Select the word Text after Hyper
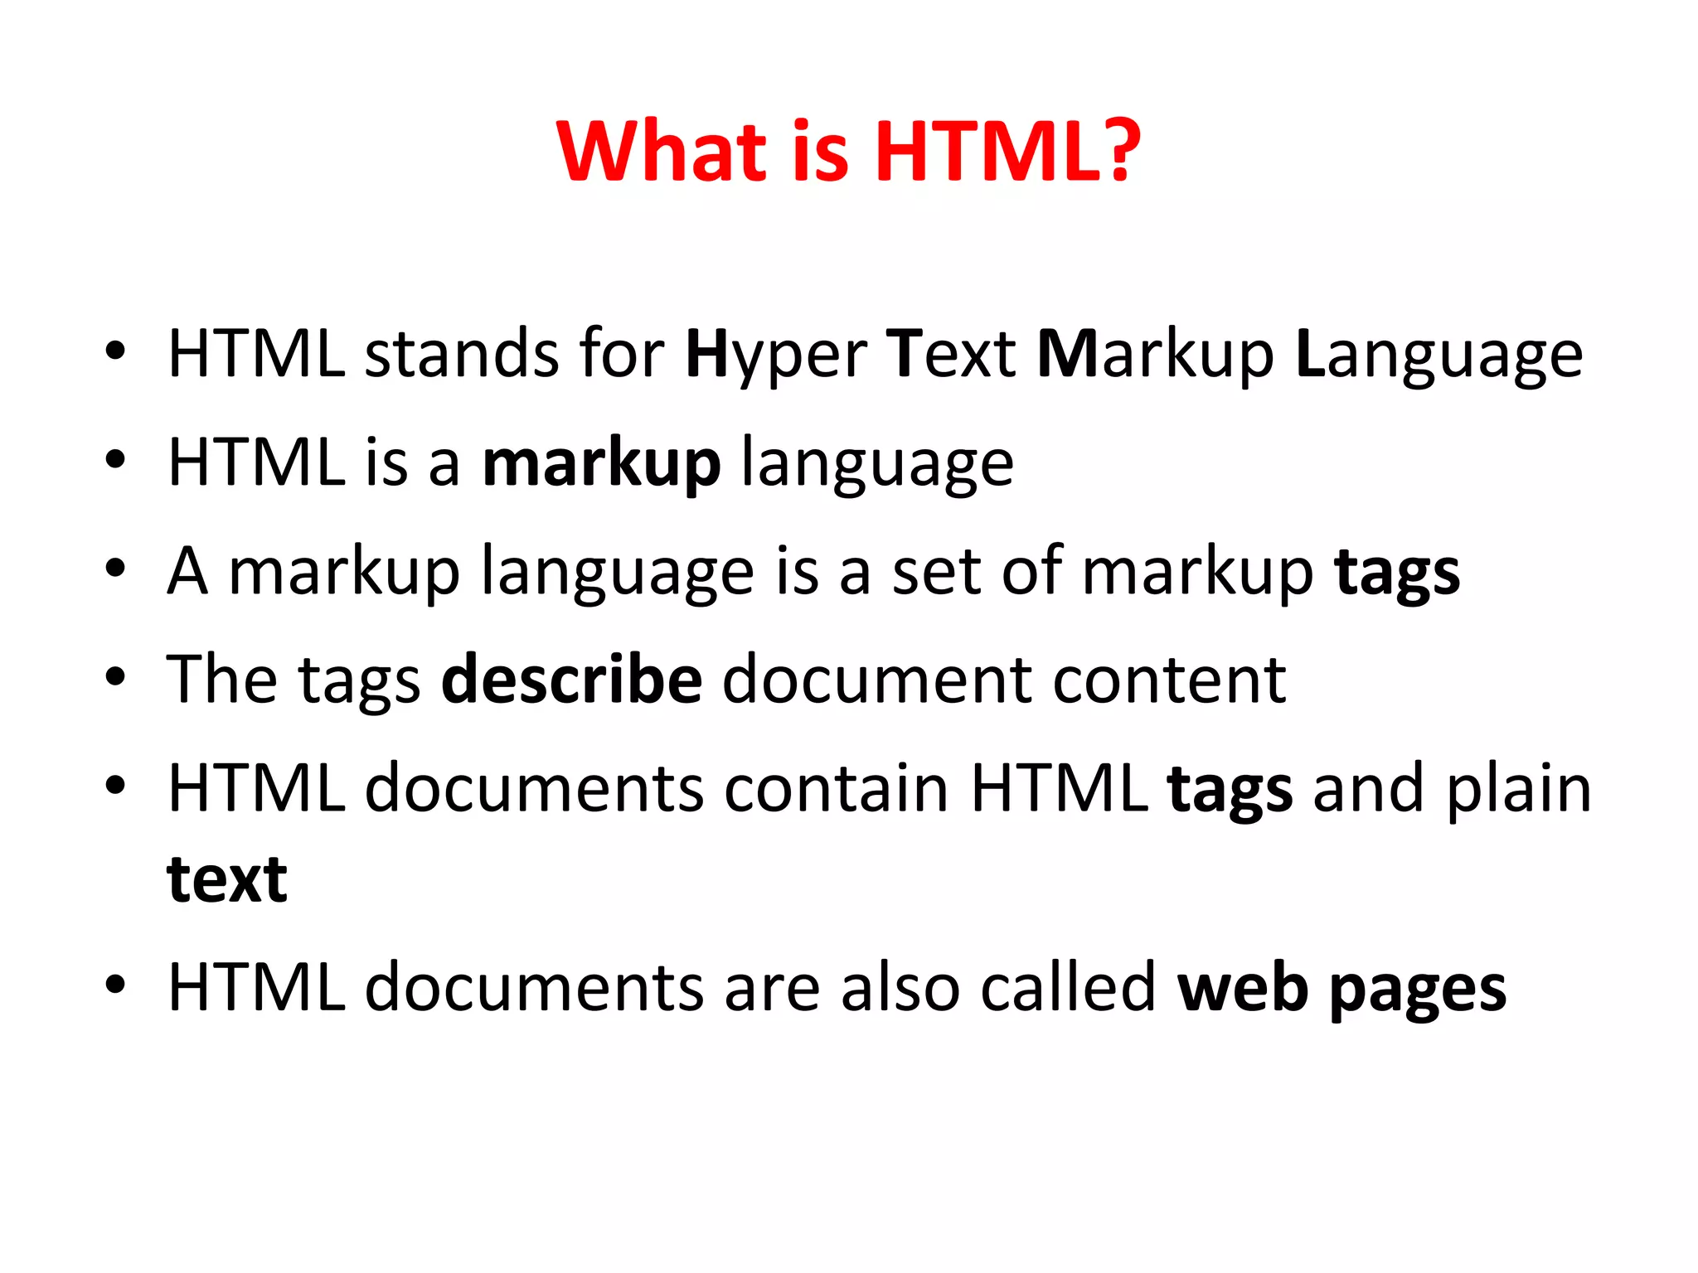951,355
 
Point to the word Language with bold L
1438,355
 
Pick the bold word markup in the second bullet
601,464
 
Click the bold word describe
572,680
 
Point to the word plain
1519,789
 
